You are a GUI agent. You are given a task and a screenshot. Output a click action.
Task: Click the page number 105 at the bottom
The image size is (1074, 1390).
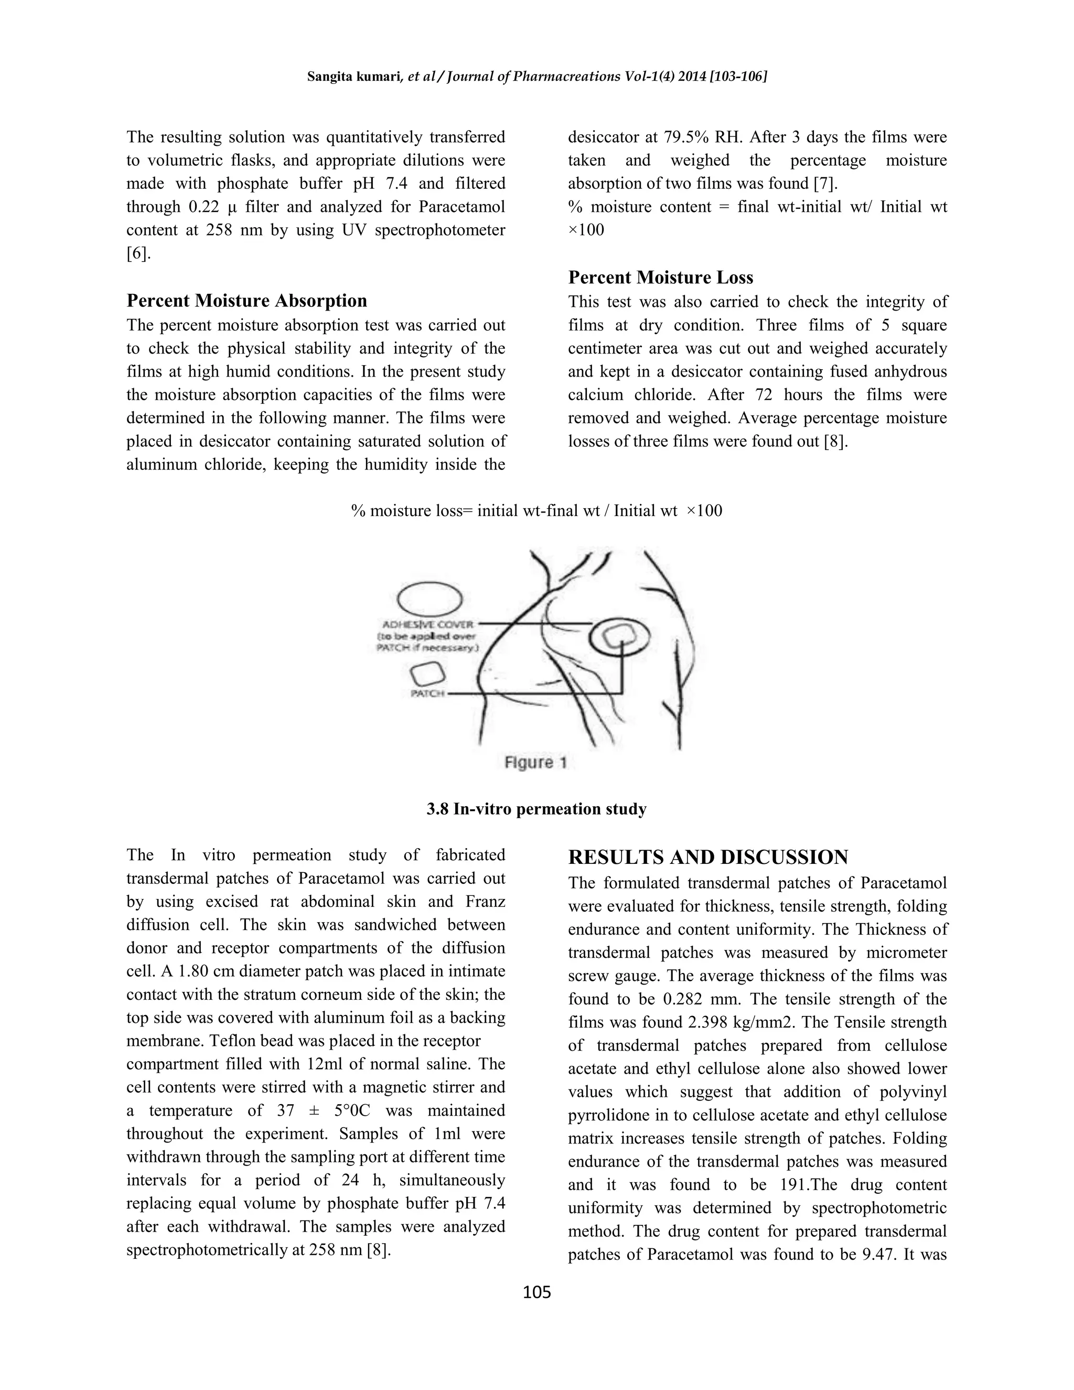(536, 1291)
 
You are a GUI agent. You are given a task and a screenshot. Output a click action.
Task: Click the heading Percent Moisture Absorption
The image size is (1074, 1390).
(246, 301)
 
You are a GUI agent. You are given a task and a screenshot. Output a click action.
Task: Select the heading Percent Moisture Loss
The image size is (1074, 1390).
(660, 277)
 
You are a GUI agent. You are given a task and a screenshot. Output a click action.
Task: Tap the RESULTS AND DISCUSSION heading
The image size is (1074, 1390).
(707, 857)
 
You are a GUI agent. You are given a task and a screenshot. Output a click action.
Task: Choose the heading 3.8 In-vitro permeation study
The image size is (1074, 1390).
(536, 809)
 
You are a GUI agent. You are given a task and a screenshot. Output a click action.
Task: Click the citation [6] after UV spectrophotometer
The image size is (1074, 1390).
(138, 253)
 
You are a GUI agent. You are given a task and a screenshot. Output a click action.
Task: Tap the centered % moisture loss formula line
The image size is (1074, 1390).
(536, 511)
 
